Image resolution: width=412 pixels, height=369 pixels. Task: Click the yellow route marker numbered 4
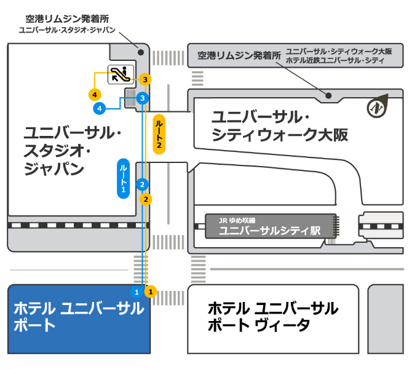(x=94, y=94)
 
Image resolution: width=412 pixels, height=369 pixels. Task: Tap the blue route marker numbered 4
(x=98, y=109)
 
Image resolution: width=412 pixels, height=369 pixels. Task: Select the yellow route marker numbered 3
(x=145, y=79)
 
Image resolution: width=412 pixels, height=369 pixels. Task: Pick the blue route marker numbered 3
(x=143, y=98)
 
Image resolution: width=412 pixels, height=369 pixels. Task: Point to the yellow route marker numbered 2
(x=146, y=199)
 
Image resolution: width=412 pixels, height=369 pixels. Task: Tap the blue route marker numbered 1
(x=137, y=290)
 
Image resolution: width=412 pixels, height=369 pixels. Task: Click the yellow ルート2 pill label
(x=159, y=135)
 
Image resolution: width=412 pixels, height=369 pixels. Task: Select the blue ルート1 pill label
(x=124, y=178)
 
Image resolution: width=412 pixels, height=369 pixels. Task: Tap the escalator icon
(x=120, y=74)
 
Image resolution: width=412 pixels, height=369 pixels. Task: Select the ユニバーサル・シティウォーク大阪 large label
(x=280, y=125)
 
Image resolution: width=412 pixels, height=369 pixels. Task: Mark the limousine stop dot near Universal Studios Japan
(x=141, y=52)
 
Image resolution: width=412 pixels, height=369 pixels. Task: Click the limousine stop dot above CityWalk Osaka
(x=328, y=95)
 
